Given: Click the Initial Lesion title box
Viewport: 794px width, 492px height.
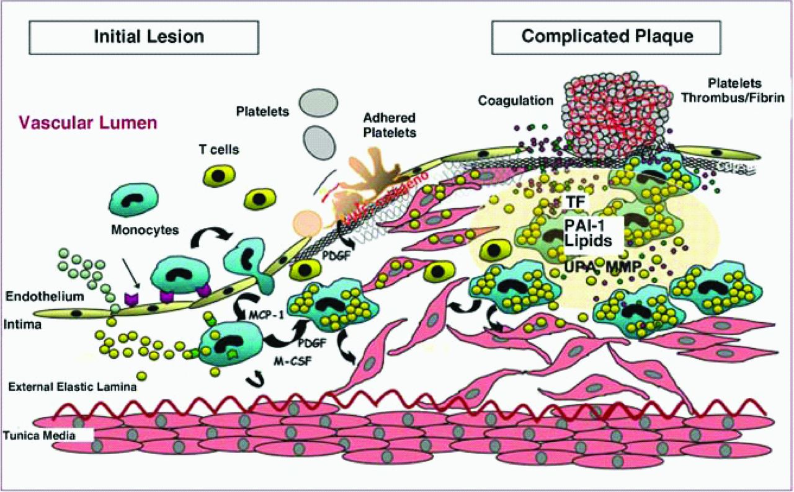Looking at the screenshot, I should pyautogui.click(x=148, y=37).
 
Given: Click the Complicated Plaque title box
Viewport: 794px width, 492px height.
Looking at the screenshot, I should pyautogui.click(x=606, y=37).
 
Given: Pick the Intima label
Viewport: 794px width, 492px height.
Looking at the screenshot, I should pyautogui.click(x=22, y=323).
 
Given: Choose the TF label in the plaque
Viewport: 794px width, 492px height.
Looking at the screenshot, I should pyautogui.click(x=574, y=201).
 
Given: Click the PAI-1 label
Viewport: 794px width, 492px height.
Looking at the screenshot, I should pyautogui.click(x=582, y=222).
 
